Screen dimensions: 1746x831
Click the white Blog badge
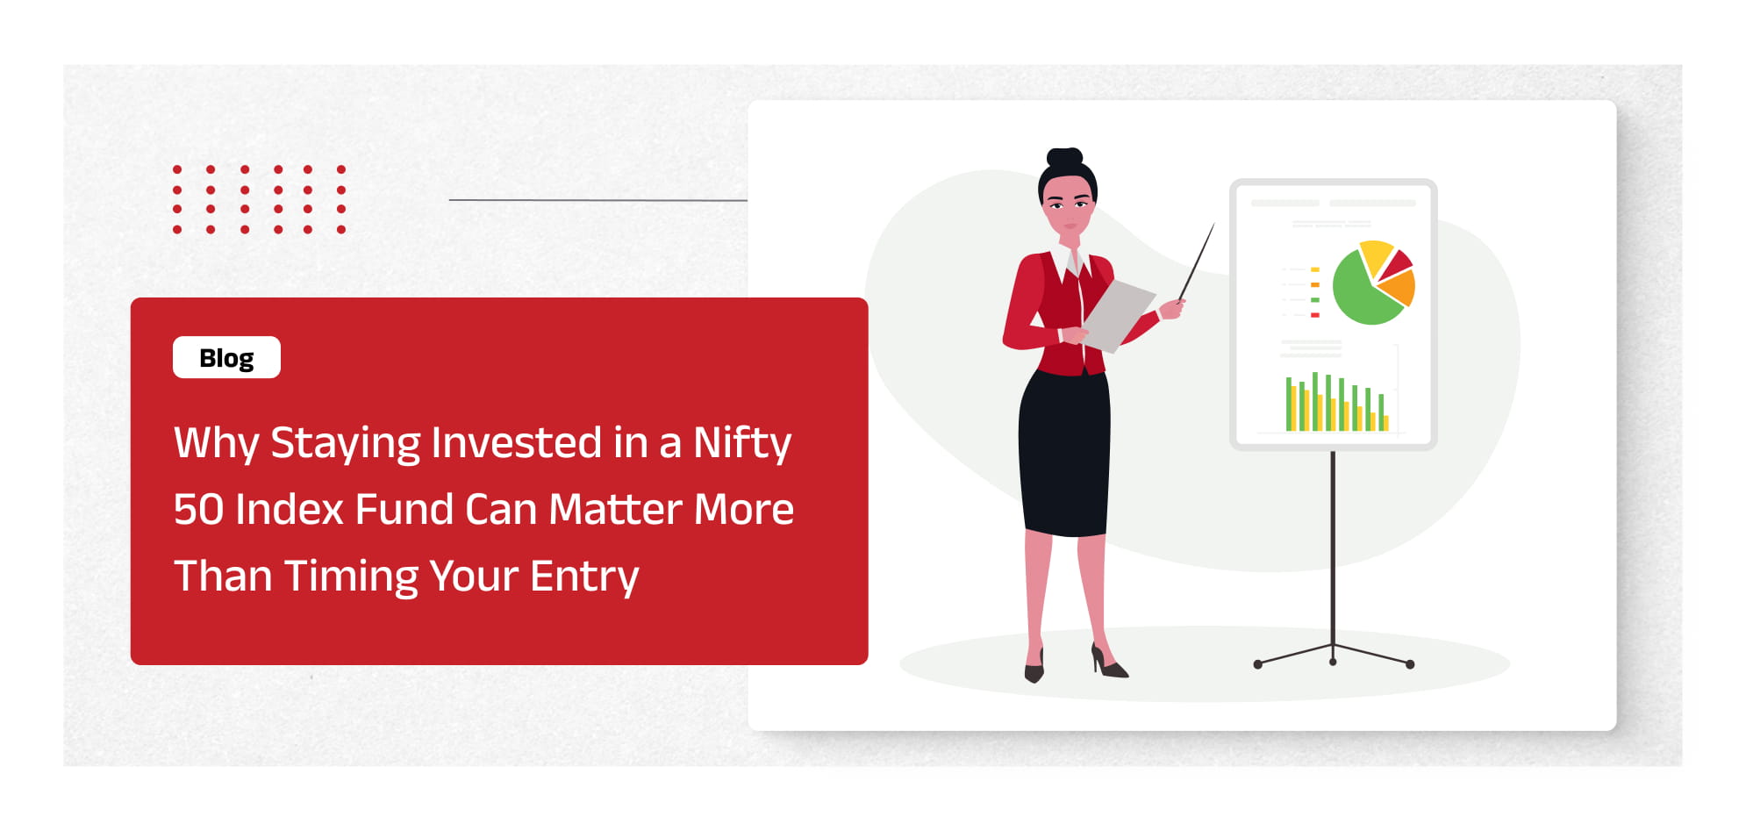(226, 357)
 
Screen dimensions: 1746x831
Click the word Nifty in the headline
(742, 443)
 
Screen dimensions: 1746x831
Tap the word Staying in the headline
(345, 443)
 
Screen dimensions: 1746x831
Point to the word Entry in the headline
(584, 577)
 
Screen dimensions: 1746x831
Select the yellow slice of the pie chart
(1375, 255)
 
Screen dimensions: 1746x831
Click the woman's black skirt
(1063, 452)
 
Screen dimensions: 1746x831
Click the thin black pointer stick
(1196, 261)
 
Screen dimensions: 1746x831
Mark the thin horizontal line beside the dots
(598, 200)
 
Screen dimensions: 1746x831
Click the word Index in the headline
(289, 509)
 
